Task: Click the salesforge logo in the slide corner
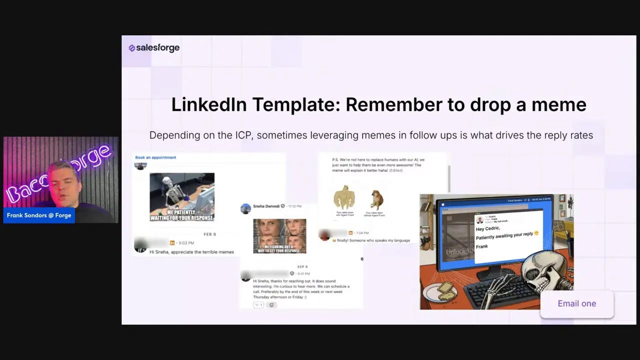(x=154, y=48)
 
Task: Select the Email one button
(x=576, y=303)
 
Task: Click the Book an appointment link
(x=155, y=157)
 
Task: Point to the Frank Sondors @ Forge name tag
(x=39, y=215)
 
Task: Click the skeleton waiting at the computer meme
(x=182, y=196)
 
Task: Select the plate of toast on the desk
(x=440, y=291)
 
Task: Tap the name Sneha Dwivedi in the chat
(x=265, y=206)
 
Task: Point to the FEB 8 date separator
(x=209, y=234)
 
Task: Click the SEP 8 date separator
(x=302, y=267)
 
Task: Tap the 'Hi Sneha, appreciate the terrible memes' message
(x=191, y=252)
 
